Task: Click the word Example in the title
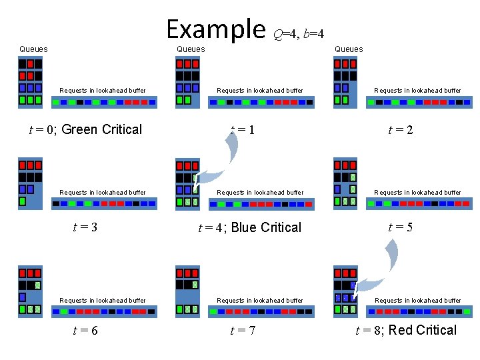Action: (x=215, y=29)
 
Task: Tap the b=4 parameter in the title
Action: (x=313, y=34)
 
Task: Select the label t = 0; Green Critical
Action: (x=85, y=129)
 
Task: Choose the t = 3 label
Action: (x=85, y=227)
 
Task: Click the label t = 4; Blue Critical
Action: (x=250, y=227)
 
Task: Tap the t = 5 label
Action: (x=401, y=227)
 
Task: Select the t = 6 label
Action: (x=85, y=330)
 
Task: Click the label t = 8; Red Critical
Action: (x=406, y=330)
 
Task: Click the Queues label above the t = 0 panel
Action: (x=33, y=49)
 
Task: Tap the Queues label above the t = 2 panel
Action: (x=349, y=49)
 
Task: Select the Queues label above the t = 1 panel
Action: (x=191, y=49)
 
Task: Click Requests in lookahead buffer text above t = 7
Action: (x=260, y=301)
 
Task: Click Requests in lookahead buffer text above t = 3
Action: (x=103, y=193)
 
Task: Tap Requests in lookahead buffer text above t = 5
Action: (x=417, y=193)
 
